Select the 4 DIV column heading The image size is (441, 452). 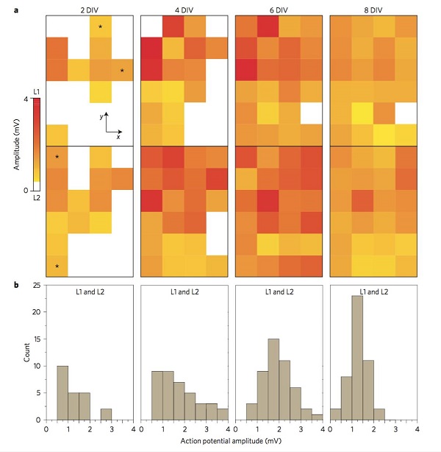click(x=184, y=8)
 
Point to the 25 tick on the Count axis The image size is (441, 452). click(x=37, y=285)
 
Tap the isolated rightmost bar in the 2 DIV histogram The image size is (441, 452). click(x=107, y=414)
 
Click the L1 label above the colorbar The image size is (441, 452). click(x=36, y=91)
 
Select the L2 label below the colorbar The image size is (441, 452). click(x=36, y=198)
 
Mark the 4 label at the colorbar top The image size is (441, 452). click(x=25, y=99)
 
